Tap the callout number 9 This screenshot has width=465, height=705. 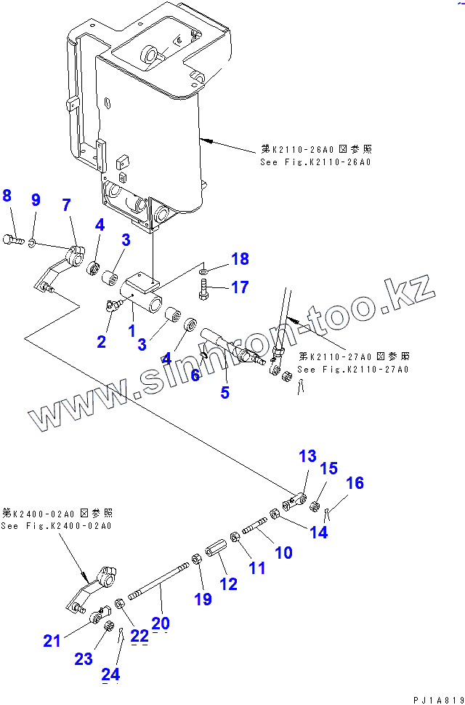(36, 200)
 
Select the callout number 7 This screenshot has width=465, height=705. (66, 205)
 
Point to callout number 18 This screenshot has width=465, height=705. (240, 258)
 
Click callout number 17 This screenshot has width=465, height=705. (240, 287)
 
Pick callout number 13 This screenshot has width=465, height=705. (307, 456)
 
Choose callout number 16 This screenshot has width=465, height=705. (354, 482)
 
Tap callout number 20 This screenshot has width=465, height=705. (161, 623)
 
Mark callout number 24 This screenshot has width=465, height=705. (110, 674)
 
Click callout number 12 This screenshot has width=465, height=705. (228, 583)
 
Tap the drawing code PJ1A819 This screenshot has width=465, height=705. (437, 699)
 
